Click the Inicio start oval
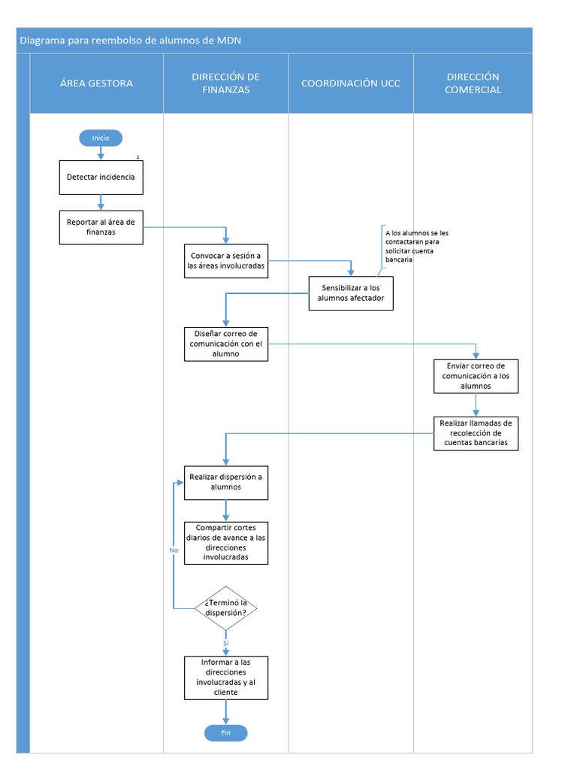101,138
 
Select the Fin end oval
225,733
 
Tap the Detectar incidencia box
101,177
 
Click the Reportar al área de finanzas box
101,227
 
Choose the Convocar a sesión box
225,261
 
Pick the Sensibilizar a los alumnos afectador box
351,293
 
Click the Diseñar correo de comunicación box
225,344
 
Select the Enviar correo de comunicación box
476,376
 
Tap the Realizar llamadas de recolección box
476,433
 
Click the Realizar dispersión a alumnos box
225,482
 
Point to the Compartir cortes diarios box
225,543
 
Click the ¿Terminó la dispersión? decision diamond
225,607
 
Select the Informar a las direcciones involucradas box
225,678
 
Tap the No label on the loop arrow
174,550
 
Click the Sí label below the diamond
225,644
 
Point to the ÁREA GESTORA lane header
96,83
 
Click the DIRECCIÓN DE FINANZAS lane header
225,83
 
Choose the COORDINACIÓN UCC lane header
351,83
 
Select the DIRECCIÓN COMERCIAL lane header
473,83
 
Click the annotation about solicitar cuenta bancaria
416,246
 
